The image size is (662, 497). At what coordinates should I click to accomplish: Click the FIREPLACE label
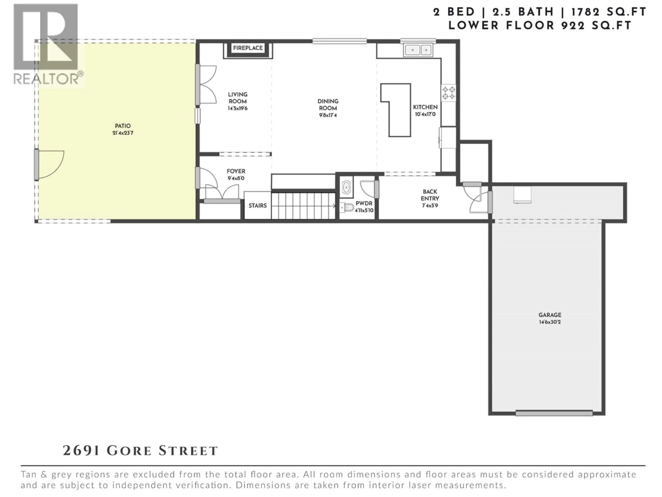[x=248, y=48]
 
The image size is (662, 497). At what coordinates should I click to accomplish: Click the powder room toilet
[x=347, y=207]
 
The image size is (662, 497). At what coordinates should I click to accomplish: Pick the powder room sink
[x=346, y=187]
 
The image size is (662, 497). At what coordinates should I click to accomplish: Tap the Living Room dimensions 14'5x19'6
[x=238, y=108]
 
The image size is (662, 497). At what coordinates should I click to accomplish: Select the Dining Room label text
[x=328, y=105]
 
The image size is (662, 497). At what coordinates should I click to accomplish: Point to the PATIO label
[x=123, y=126]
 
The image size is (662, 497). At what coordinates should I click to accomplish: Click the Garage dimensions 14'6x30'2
[x=550, y=322]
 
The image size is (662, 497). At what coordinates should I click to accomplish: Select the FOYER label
[x=236, y=171]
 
